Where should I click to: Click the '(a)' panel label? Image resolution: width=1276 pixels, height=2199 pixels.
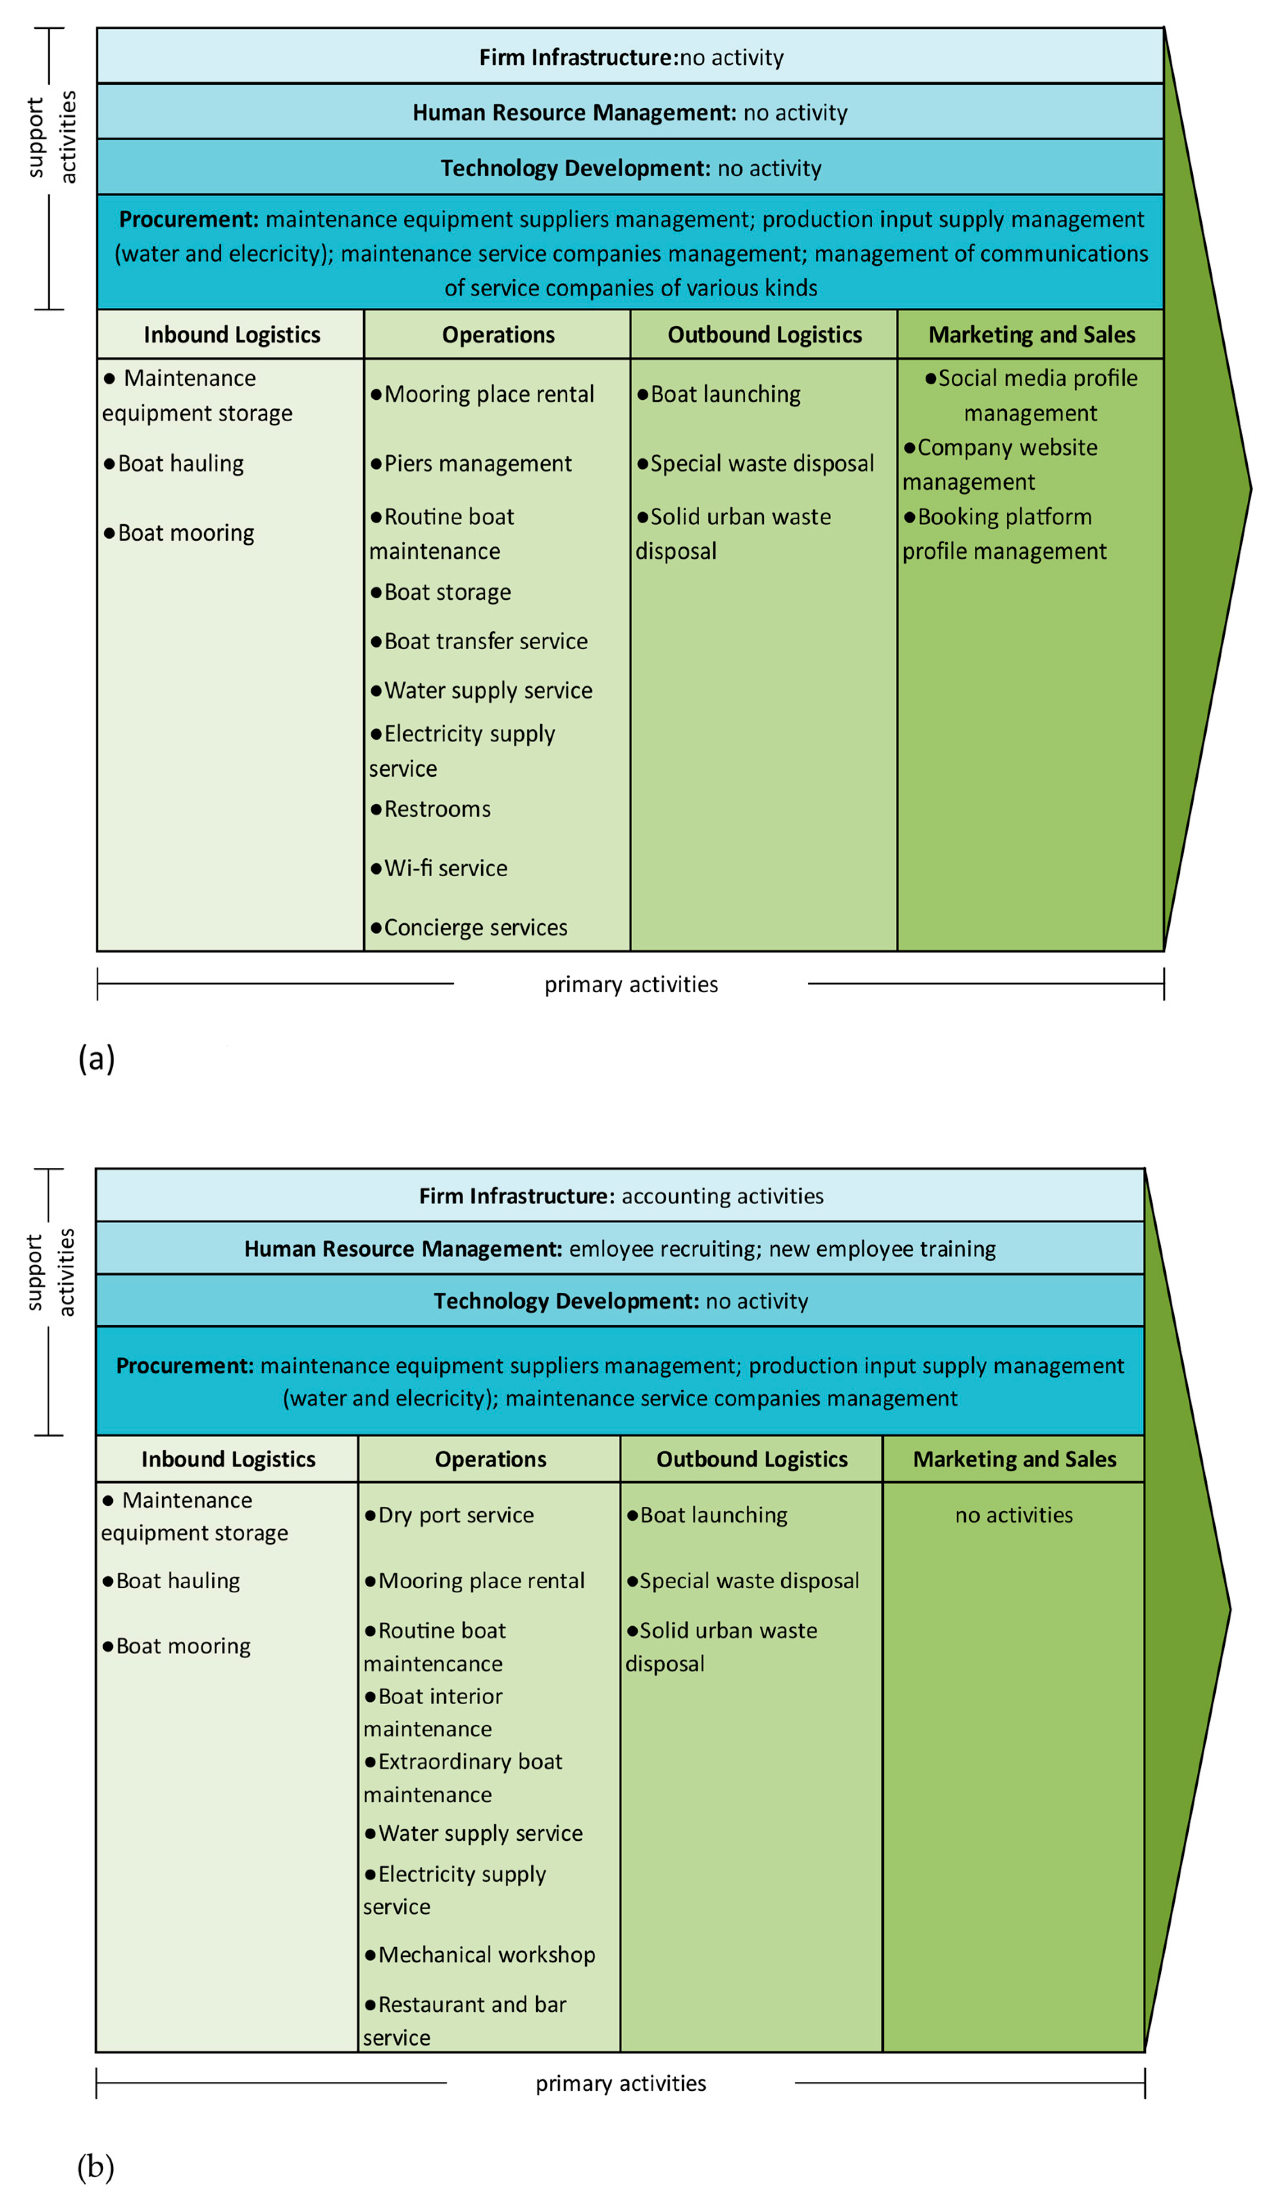click(x=96, y=1058)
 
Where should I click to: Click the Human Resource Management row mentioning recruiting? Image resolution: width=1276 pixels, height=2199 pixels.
click(x=620, y=1249)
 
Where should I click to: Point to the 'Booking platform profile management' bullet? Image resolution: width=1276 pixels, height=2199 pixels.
click(x=1004, y=534)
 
